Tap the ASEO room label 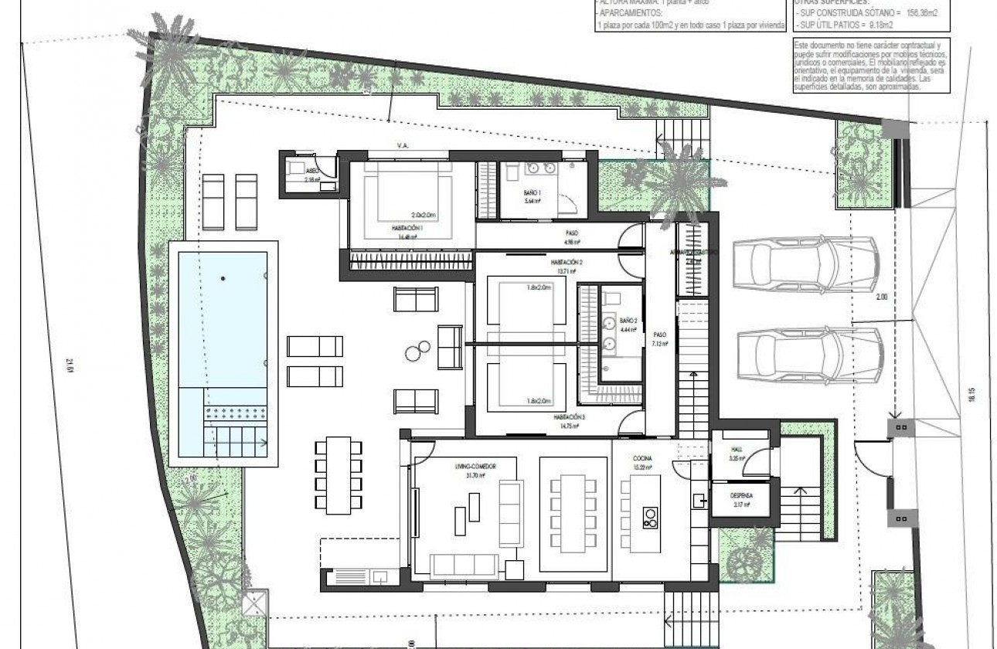tap(312, 172)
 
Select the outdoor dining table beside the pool tap(339, 475)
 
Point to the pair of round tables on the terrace tap(415, 351)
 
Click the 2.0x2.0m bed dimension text tap(424, 215)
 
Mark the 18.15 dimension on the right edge tap(972, 394)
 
